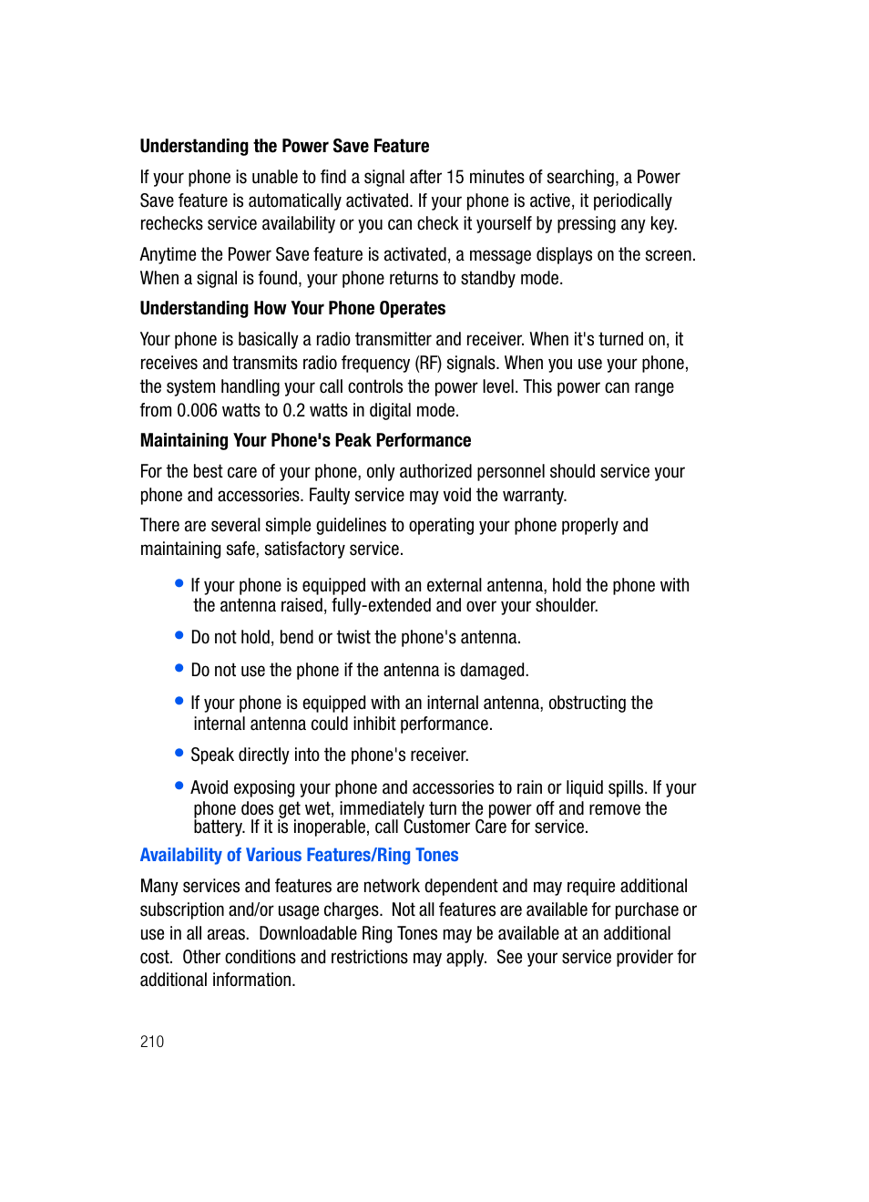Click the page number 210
pos(152,1042)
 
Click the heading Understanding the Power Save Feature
pos(284,147)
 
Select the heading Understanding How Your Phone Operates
pos(292,309)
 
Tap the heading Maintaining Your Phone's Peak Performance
pos(305,441)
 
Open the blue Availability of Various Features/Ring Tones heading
pos(299,856)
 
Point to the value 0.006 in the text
pos(197,411)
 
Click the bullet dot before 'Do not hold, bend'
pos(179,635)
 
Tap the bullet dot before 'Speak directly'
pos(179,753)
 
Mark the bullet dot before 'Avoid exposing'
pos(179,786)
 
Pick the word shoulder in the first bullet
pos(566,606)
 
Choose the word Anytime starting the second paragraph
pos(168,255)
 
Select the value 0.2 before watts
pos(293,411)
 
